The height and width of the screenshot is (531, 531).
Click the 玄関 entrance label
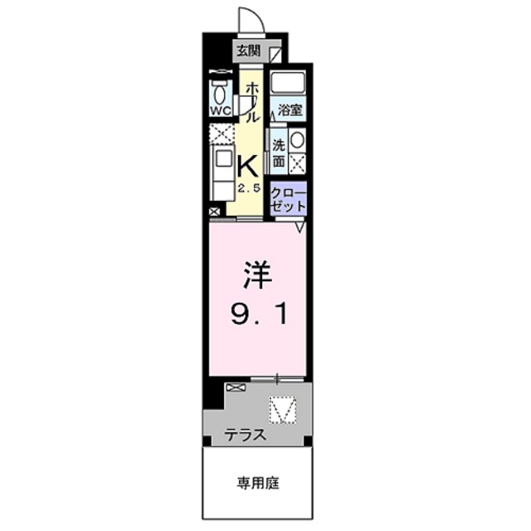(x=247, y=51)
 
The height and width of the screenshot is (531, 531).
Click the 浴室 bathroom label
(x=290, y=110)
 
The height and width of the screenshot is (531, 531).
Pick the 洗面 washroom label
(x=279, y=150)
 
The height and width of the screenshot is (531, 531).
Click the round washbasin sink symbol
(x=297, y=139)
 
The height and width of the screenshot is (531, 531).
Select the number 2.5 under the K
(x=250, y=189)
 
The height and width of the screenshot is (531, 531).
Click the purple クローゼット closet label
(x=289, y=198)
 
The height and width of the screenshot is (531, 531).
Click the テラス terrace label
(x=246, y=434)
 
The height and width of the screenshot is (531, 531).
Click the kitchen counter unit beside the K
(x=222, y=170)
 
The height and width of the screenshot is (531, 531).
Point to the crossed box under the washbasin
(x=297, y=163)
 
